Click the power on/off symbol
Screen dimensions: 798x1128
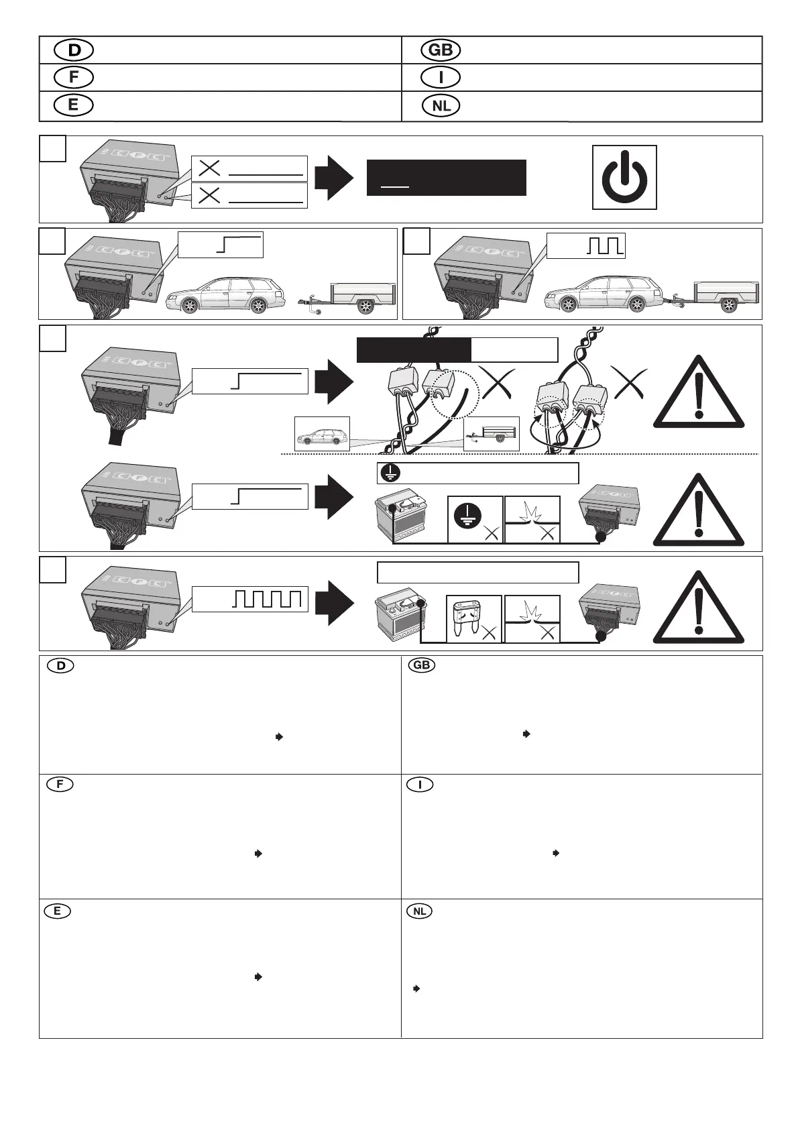[624, 177]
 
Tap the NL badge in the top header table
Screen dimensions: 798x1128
[441, 106]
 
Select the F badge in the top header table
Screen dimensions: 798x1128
[74, 78]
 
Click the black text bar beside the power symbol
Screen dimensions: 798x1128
[446, 177]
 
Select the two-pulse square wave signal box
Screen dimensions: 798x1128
[585, 245]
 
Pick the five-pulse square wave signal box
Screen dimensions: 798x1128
[249, 598]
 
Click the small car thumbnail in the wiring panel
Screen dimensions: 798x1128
[322, 434]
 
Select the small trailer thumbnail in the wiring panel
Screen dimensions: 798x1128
[492, 434]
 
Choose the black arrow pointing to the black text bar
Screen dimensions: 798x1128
[333, 178]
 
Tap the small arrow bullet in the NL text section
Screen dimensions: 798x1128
[416, 989]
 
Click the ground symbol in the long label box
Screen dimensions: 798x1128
[388, 474]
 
